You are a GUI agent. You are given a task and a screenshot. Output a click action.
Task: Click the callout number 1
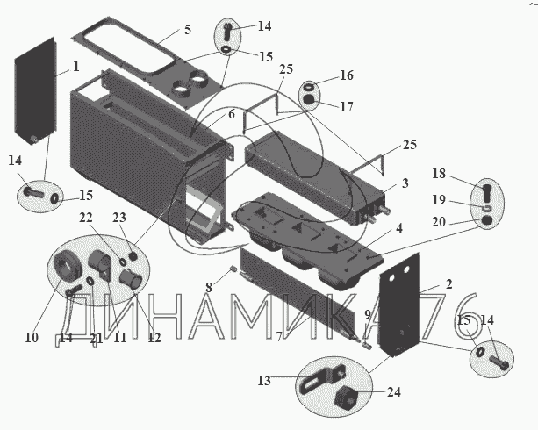pos(76,67)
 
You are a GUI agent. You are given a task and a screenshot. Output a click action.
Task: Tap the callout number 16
pos(347,75)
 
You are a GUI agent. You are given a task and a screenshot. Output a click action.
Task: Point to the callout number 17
pos(347,106)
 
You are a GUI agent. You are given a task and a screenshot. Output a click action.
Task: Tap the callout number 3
pos(405,183)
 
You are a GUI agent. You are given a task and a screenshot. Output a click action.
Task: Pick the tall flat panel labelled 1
pos(35,92)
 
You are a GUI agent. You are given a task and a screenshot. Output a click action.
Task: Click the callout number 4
pos(400,229)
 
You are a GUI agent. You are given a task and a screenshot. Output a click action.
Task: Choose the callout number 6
pos(232,114)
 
